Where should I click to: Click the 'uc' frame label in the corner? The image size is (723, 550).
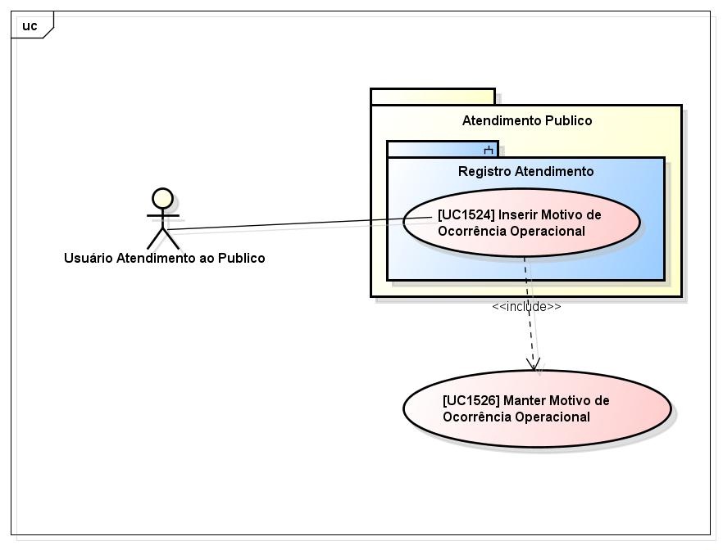pyautogui.click(x=30, y=26)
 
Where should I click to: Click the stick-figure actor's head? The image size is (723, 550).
pyautogui.click(x=163, y=199)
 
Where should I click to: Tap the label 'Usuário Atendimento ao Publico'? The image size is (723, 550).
pyautogui.click(x=164, y=258)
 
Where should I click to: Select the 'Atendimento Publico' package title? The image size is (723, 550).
pyautogui.click(x=526, y=121)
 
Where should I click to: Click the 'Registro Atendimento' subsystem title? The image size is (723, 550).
pyautogui.click(x=525, y=171)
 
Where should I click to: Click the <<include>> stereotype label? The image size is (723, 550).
pyautogui.click(x=526, y=306)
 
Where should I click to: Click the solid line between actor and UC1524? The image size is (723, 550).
pyautogui.click(x=287, y=223)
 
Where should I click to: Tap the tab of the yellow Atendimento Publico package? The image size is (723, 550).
pyautogui.click(x=432, y=97)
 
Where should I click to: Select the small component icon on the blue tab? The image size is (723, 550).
pyautogui.click(x=489, y=150)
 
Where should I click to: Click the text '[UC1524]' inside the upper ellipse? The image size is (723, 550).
pyautogui.click(x=466, y=215)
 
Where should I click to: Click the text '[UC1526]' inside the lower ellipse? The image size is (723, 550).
pyautogui.click(x=471, y=401)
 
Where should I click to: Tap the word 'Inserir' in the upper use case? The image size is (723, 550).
pyautogui.click(x=520, y=215)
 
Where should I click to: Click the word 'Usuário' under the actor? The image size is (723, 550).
pyautogui.click(x=89, y=258)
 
